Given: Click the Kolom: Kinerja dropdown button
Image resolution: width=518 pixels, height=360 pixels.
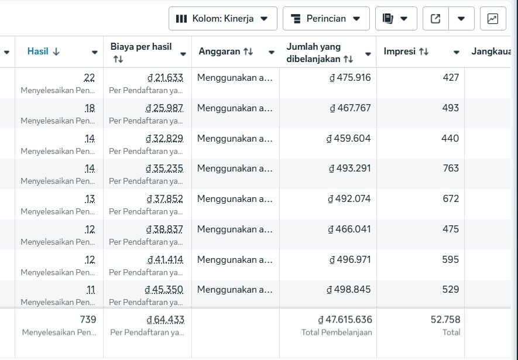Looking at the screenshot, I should (x=222, y=19).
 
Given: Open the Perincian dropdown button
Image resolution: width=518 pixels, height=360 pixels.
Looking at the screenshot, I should (x=325, y=19).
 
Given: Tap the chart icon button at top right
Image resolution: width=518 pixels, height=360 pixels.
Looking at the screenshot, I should (x=492, y=19).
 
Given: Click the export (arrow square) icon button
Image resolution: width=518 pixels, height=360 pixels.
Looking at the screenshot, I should (x=435, y=19).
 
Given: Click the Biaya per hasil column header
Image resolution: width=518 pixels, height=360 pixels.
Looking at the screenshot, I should (x=141, y=52).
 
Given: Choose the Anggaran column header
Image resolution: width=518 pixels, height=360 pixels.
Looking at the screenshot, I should (x=225, y=52).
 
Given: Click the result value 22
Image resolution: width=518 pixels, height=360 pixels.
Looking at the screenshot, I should (x=90, y=77).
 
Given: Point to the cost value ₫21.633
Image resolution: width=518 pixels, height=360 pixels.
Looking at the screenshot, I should (x=164, y=77).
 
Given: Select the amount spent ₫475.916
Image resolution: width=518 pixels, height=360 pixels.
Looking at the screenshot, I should (x=350, y=77).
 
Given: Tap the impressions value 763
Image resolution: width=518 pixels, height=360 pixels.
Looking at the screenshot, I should (x=451, y=169).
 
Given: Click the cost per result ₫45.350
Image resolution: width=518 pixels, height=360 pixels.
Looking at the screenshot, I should (x=164, y=289).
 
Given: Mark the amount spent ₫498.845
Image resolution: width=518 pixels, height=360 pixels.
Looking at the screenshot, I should (x=349, y=289).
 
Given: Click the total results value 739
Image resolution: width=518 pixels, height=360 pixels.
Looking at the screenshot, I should (x=88, y=320).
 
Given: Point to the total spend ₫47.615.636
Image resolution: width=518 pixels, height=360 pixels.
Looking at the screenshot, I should (x=345, y=320).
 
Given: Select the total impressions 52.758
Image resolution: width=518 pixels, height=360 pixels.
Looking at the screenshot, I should (x=445, y=320).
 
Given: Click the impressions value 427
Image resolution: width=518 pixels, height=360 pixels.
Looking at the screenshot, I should (x=451, y=77).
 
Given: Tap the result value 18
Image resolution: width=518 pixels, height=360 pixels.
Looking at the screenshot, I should (x=90, y=108).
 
